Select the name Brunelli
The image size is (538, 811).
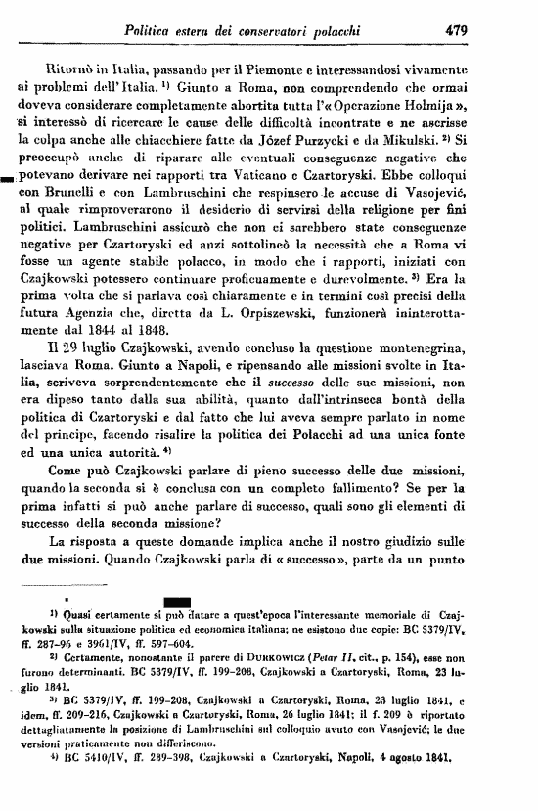(x=75, y=192)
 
